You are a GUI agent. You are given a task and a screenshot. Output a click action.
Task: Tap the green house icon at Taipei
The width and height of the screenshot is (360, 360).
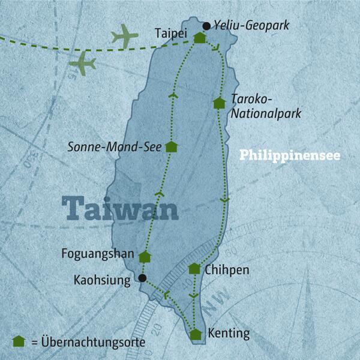click(200, 38)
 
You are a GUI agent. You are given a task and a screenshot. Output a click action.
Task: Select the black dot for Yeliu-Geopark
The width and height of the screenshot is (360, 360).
click(207, 26)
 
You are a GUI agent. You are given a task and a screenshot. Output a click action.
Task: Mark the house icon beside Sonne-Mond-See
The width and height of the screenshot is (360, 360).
click(171, 146)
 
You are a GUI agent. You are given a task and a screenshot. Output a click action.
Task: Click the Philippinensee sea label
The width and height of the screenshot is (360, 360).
click(290, 155)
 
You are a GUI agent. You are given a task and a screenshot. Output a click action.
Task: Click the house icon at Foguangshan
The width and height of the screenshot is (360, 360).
click(144, 257)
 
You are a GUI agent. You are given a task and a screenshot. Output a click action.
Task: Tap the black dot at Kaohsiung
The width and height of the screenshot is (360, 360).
click(142, 278)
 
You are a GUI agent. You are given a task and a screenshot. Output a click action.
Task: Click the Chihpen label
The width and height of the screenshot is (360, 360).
click(226, 270)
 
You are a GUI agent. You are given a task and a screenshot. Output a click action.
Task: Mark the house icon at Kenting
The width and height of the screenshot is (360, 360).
click(196, 334)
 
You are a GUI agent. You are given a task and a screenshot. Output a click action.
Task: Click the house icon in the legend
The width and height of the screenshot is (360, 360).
click(19, 341)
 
